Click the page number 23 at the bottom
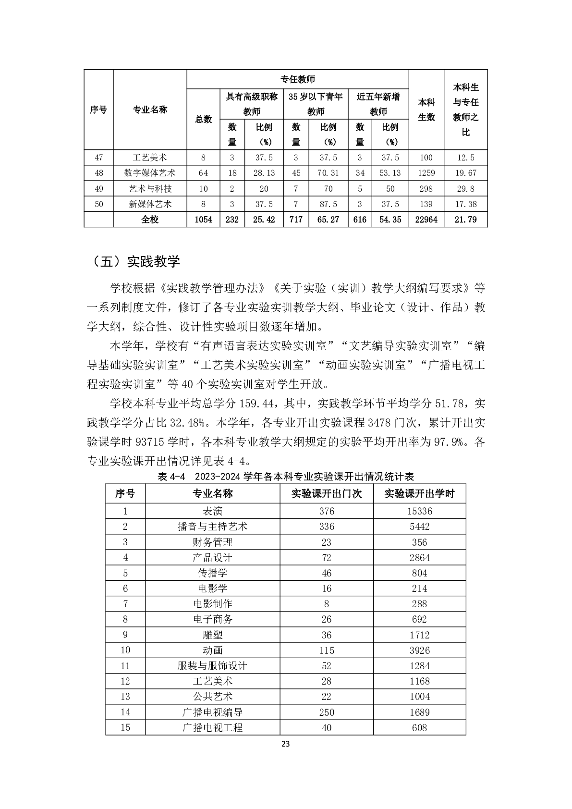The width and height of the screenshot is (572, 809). click(285, 744)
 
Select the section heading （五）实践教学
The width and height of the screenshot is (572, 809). click(136, 261)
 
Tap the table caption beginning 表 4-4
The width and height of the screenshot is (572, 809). click(285, 476)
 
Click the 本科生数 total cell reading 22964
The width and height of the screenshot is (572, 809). click(426, 220)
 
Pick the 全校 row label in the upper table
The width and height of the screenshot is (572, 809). click(150, 220)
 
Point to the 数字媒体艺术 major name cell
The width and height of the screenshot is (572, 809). click(150, 173)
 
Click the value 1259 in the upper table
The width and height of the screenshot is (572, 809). click(426, 173)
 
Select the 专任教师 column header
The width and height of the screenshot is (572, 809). click(298, 79)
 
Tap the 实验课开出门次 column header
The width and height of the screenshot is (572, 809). click(327, 493)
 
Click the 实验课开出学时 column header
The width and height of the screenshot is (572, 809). click(419, 493)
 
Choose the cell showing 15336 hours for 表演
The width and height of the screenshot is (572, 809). click(419, 511)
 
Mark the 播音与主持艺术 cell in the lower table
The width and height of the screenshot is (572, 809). click(212, 527)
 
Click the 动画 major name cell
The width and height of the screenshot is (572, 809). click(212, 650)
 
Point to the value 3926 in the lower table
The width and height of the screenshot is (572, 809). click(419, 650)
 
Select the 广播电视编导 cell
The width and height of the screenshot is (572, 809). click(212, 712)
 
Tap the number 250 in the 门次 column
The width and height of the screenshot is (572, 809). click(327, 712)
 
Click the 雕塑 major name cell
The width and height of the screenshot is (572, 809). click(212, 635)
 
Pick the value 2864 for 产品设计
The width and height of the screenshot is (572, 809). click(419, 558)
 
